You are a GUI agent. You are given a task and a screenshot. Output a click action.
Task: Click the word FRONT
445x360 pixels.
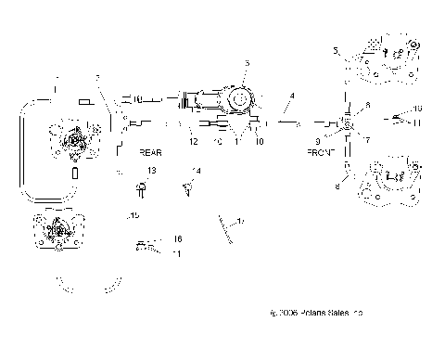coord(322,150)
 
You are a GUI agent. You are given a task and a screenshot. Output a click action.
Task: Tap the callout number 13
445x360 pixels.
coord(152,172)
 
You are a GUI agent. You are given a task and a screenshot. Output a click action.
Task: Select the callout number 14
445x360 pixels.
coord(196,172)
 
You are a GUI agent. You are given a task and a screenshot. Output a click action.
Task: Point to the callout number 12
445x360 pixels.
coord(193,141)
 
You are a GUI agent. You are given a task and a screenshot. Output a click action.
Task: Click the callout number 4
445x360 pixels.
coord(292,96)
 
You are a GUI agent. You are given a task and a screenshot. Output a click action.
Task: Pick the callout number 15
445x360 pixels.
coord(135,215)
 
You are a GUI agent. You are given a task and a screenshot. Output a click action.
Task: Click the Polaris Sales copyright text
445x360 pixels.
coord(315,315)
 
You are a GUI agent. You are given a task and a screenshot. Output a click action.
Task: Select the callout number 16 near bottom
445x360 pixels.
coord(177,238)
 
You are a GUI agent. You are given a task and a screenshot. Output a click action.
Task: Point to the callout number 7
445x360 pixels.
coord(366,140)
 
